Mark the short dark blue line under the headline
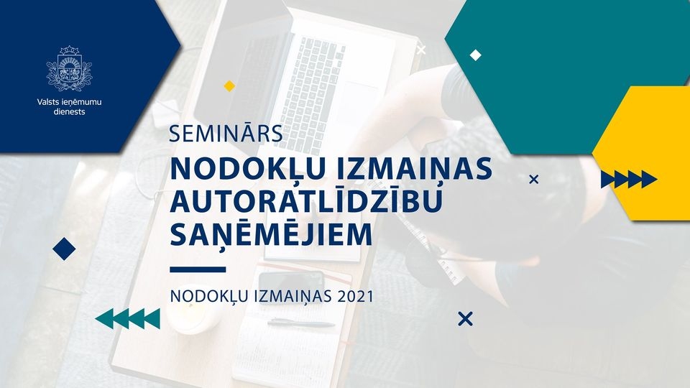(x=198, y=269)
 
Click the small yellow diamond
(x=229, y=86)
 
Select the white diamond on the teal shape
(x=475, y=55)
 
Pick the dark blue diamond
(x=64, y=249)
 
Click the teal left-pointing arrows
(x=128, y=318)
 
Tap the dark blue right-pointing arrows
(x=629, y=179)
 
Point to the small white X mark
(x=421, y=50)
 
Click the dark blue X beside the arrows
(x=533, y=179)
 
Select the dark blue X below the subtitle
(x=465, y=318)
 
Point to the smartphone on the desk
(x=290, y=280)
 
